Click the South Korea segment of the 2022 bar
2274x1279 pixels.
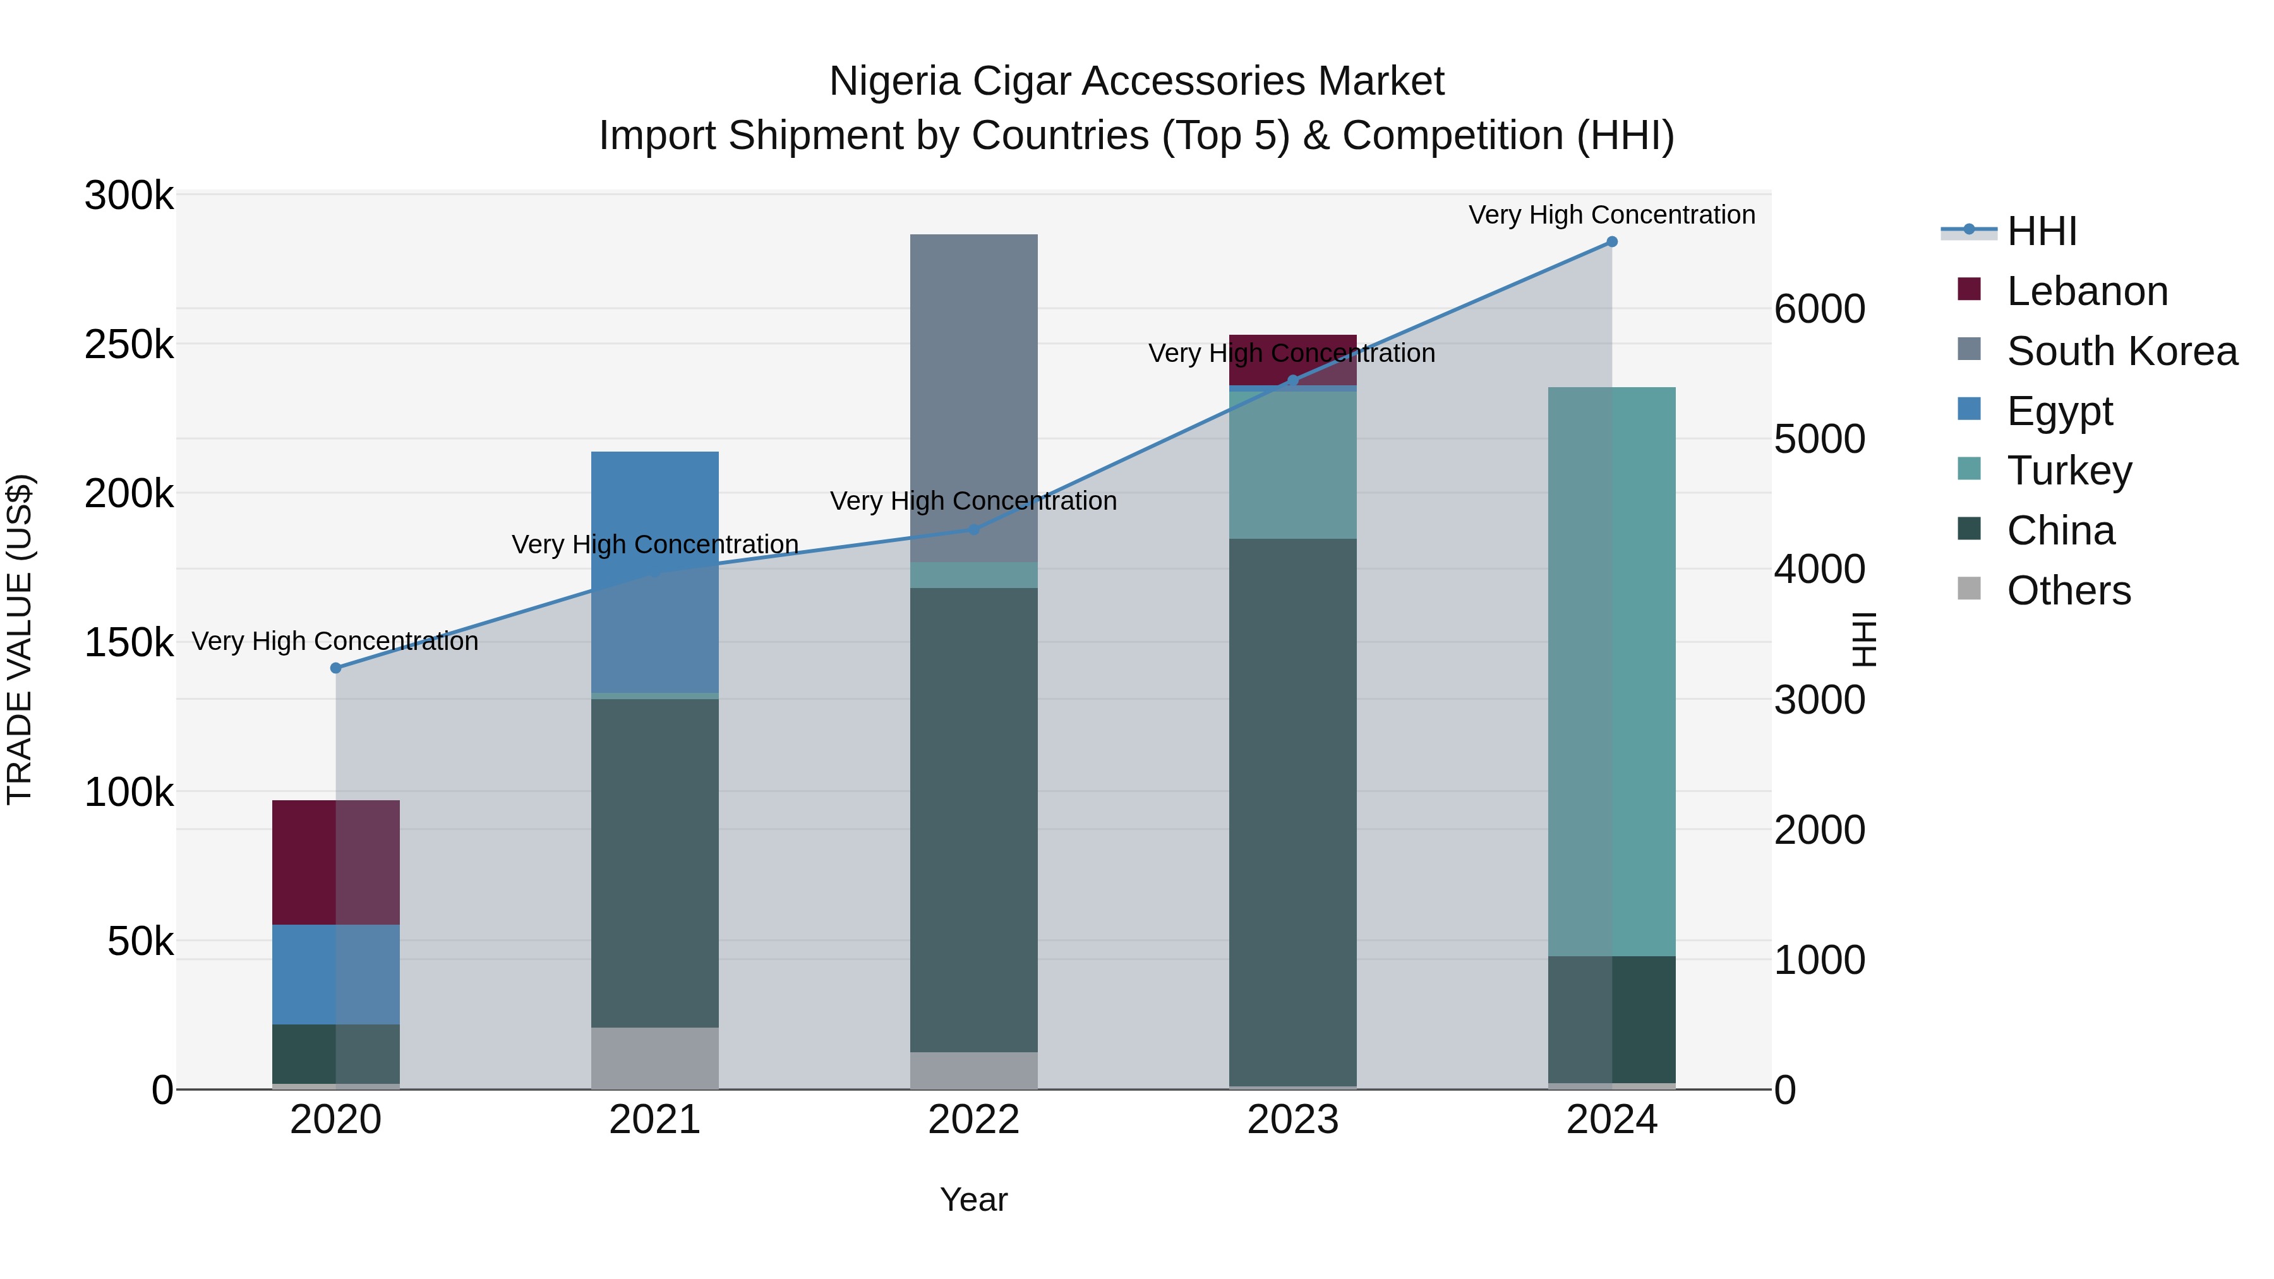(x=973, y=397)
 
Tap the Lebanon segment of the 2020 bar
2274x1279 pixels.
(x=335, y=862)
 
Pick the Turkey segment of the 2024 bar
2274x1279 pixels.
(x=1612, y=671)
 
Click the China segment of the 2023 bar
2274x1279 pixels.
(x=1292, y=812)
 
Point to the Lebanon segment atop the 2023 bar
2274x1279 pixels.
(x=1292, y=359)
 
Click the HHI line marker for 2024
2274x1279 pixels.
(x=1612, y=242)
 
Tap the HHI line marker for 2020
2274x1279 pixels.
(x=335, y=668)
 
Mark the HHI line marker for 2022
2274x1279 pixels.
(x=973, y=530)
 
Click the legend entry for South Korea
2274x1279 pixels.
(x=2121, y=351)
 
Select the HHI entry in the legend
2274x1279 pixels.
(x=2041, y=231)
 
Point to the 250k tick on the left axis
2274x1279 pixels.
(x=129, y=344)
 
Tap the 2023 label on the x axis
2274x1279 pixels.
(x=1292, y=1120)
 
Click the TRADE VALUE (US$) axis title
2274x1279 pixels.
(x=20, y=639)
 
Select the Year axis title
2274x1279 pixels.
(x=973, y=1199)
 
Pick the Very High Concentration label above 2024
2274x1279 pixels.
(x=1612, y=215)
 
